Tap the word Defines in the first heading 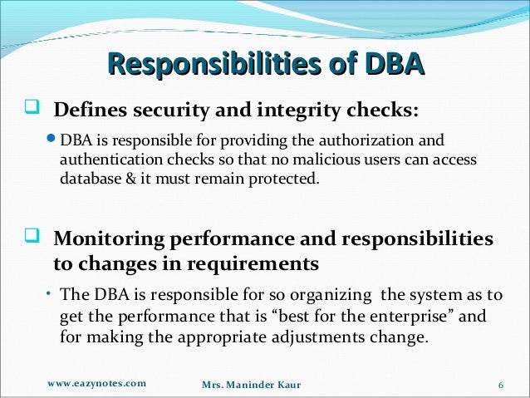(x=88, y=111)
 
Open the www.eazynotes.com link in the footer (x=97, y=383)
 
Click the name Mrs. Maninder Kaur (x=253, y=385)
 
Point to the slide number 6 (x=501, y=385)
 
